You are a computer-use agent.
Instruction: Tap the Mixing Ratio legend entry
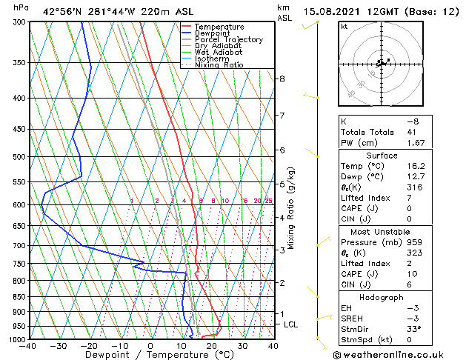point(219,65)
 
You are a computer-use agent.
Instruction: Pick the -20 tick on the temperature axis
point(89,345)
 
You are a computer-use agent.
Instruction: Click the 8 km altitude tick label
point(282,79)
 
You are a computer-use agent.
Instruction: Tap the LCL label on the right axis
point(291,324)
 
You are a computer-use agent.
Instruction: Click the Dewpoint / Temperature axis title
point(150,355)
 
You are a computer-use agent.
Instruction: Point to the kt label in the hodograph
point(344,27)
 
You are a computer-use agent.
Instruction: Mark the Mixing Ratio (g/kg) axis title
point(291,208)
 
